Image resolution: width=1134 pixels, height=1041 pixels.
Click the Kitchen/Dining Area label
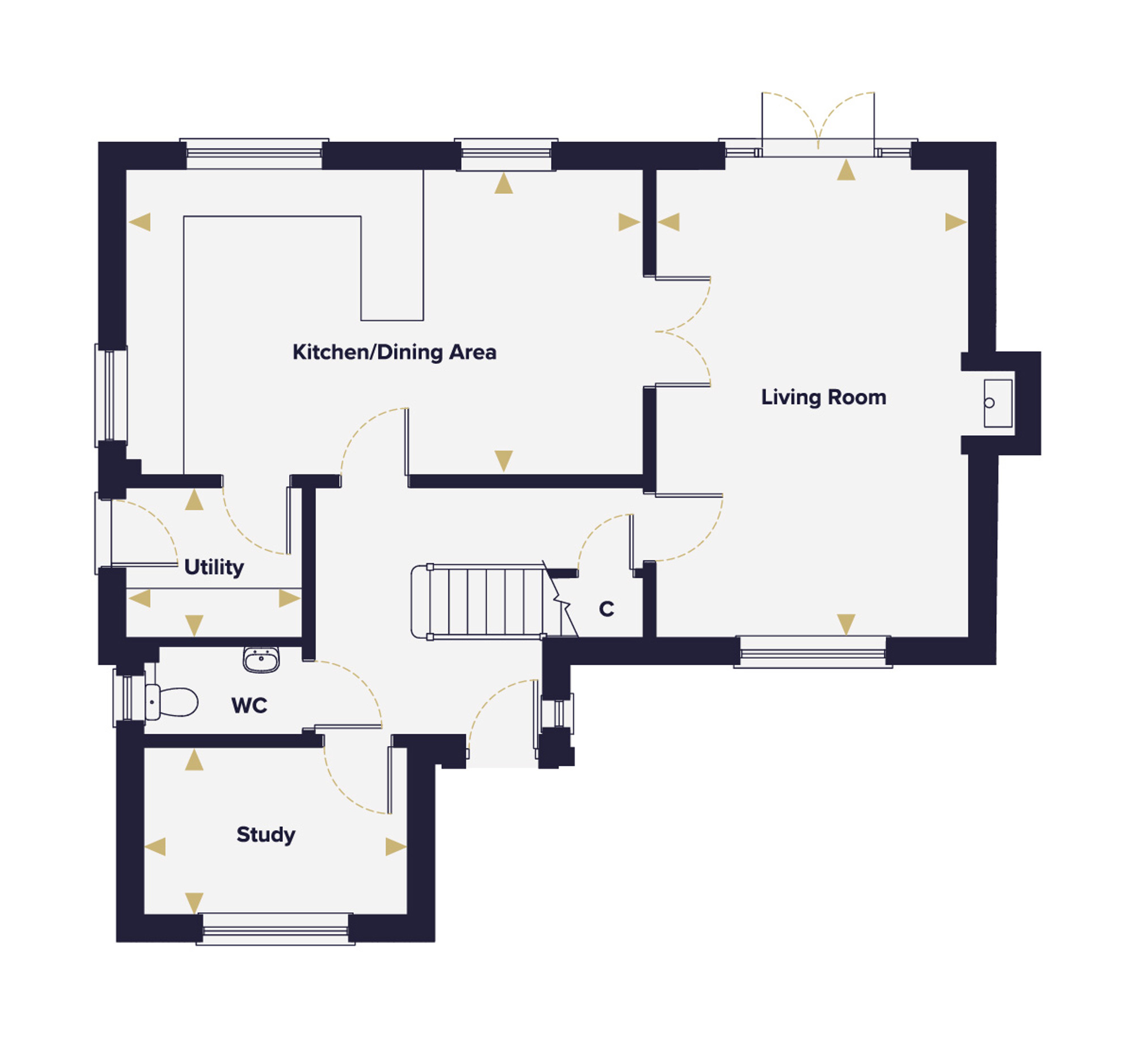point(394,352)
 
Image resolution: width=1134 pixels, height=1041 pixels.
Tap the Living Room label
point(823,397)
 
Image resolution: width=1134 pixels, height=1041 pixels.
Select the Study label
point(266,835)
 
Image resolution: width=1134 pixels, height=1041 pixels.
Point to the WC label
point(249,706)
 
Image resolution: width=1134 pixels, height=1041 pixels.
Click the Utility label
point(214,567)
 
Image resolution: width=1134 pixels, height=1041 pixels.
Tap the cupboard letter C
point(606,609)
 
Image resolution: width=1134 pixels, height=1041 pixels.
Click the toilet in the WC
point(171,702)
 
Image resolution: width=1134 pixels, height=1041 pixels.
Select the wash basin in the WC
point(261,660)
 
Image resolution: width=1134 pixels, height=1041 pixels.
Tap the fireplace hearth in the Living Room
point(998,403)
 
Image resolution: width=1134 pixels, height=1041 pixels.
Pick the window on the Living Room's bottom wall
point(813,652)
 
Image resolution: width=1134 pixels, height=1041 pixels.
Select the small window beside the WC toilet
point(129,697)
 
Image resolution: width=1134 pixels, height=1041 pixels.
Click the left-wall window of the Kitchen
point(111,396)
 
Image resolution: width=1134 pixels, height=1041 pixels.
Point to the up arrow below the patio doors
point(846,169)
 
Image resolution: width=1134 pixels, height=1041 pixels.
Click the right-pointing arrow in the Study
point(396,847)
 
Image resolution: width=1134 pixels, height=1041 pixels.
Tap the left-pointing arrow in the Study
point(155,847)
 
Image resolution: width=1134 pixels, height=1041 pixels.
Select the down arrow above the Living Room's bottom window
point(846,624)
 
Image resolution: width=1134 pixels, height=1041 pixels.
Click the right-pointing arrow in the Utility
point(290,598)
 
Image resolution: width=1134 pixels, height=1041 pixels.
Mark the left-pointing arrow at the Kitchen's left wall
point(139,222)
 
